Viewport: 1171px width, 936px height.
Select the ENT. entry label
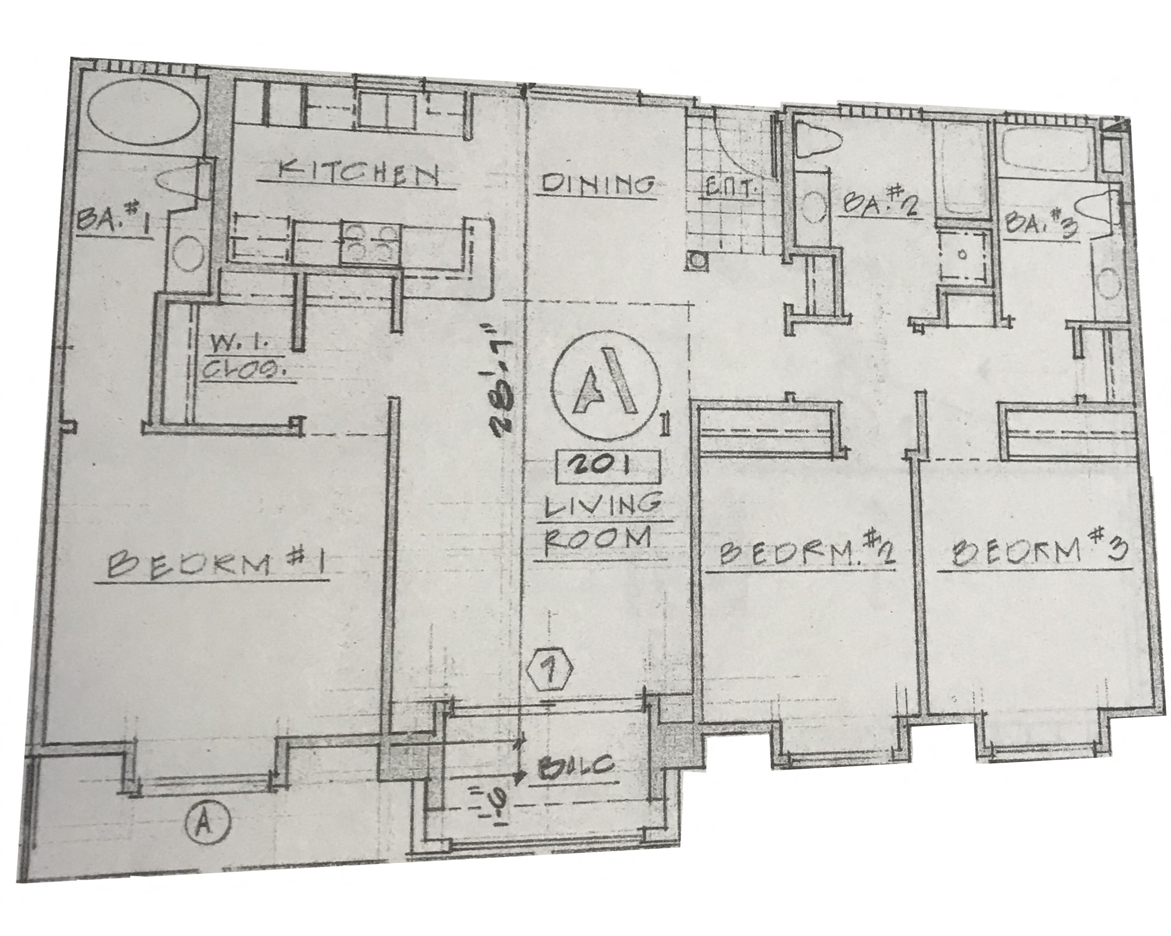click(x=730, y=189)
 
